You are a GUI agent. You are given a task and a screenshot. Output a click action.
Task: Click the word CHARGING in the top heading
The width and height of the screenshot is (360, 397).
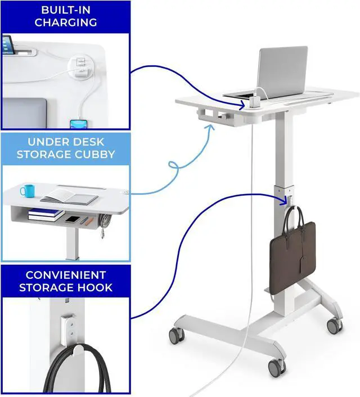tap(65, 22)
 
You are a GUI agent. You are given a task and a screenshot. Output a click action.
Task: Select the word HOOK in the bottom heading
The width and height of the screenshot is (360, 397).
tap(96, 287)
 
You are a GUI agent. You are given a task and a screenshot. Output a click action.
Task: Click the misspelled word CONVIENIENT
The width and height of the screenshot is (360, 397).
tap(65, 275)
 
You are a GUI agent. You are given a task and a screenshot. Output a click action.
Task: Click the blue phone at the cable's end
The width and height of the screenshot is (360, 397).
tap(78, 124)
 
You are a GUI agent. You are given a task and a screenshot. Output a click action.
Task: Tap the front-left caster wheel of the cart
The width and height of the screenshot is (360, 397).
tap(177, 336)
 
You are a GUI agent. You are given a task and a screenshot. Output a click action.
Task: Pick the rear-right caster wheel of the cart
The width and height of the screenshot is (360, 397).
tap(334, 324)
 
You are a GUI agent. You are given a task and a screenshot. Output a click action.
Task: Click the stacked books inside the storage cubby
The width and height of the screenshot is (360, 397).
tap(46, 214)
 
